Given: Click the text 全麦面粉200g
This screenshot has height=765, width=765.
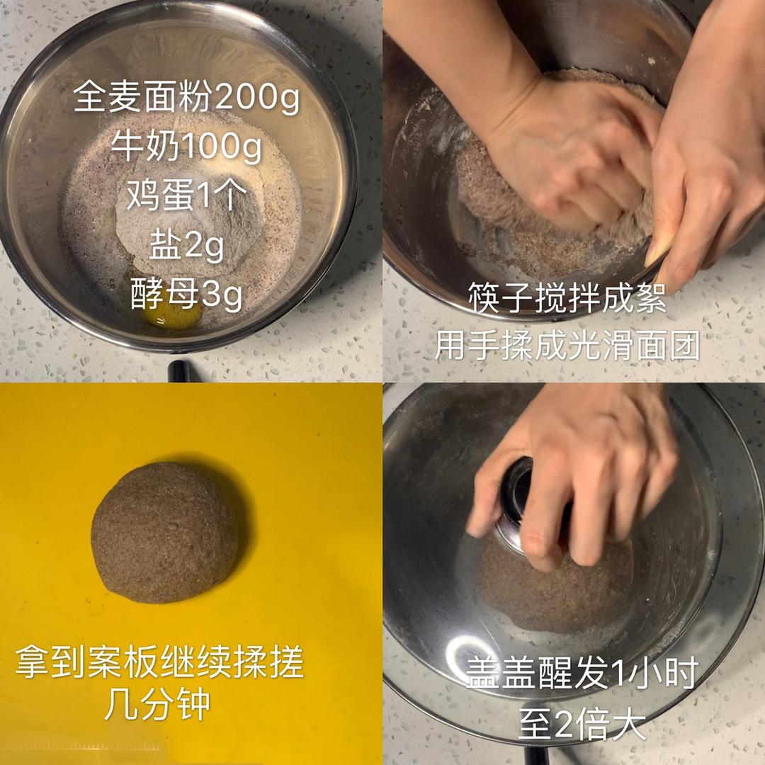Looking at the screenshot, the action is pyautogui.click(x=186, y=98).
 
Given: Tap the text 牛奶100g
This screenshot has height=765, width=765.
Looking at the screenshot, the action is pyautogui.click(x=186, y=147).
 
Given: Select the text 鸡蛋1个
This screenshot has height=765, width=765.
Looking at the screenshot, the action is pyautogui.click(x=187, y=195).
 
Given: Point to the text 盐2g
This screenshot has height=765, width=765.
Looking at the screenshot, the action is pyautogui.click(x=187, y=245).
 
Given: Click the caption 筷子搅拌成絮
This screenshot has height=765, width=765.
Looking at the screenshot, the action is pyautogui.click(x=567, y=297).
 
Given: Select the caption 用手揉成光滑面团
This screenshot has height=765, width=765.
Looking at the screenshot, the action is pyautogui.click(x=567, y=345).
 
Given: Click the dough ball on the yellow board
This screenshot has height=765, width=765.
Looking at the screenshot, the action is pyautogui.click(x=165, y=533).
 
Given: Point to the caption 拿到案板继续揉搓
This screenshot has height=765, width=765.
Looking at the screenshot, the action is pyautogui.click(x=159, y=662).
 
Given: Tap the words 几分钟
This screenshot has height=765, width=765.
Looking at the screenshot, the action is pyautogui.click(x=157, y=705).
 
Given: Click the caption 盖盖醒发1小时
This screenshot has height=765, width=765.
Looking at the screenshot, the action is pyautogui.click(x=582, y=672).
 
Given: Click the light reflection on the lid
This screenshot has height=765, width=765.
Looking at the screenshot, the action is pyautogui.click(x=466, y=652).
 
